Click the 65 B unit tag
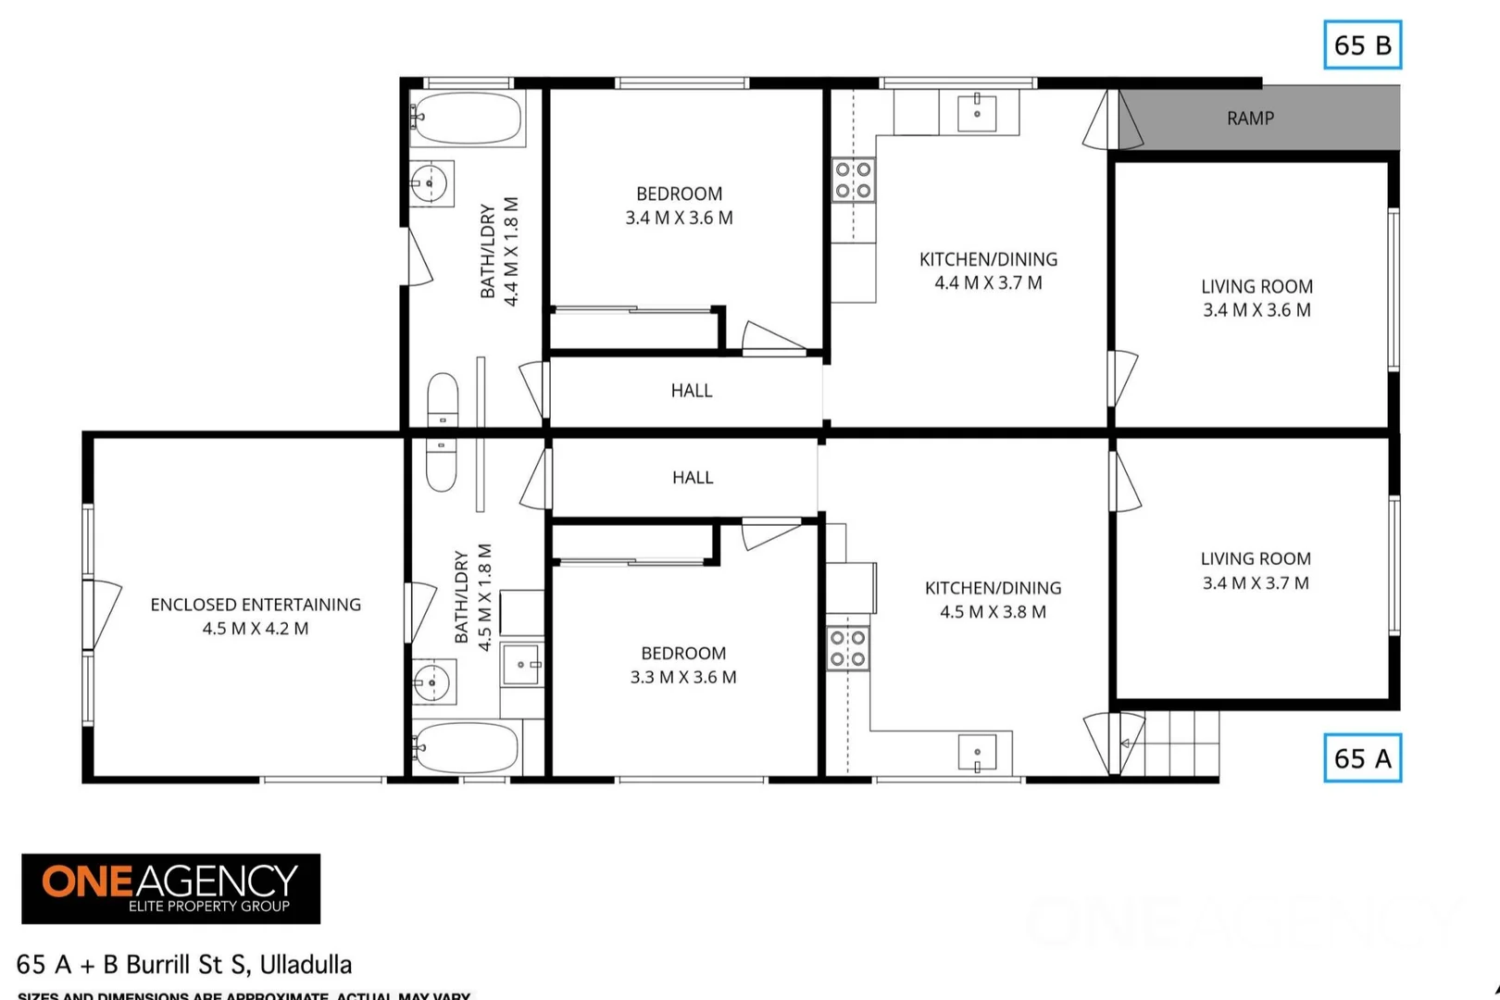[1362, 45]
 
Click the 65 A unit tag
[1362, 758]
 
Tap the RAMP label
[1250, 119]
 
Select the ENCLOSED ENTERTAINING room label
[256, 605]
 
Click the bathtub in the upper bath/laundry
[466, 118]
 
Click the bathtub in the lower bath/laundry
[466, 747]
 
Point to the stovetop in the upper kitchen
[853, 181]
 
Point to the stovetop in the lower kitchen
[847, 648]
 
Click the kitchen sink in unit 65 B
[977, 113]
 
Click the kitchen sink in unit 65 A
[977, 753]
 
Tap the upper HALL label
[692, 391]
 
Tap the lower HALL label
[693, 478]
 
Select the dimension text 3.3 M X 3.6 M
[683, 677]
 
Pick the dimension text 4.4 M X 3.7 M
[988, 283]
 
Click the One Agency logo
[171, 889]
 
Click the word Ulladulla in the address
[306, 965]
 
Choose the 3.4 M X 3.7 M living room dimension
[1256, 583]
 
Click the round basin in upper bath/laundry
[430, 183]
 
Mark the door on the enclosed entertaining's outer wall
[102, 614]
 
